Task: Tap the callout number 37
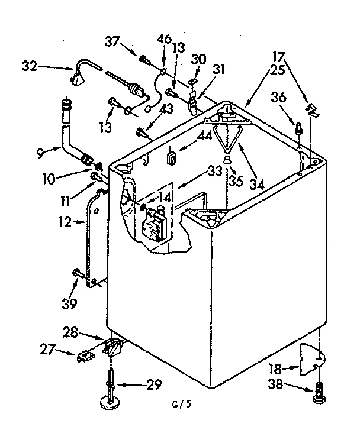pos(113,41)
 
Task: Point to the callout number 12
pos(65,222)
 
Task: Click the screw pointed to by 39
pos(77,273)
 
